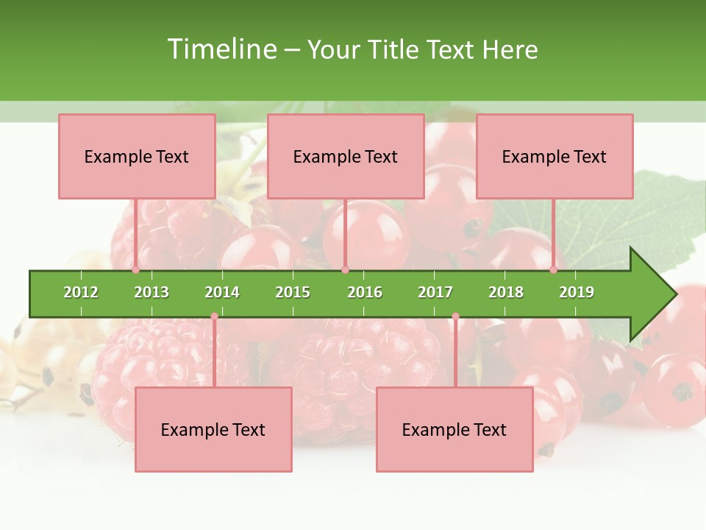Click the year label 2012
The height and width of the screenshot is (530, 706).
click(x=81, y=292)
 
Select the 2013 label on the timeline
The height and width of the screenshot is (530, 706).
click(x=151, y=292)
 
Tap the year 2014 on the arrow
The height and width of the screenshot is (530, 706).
click(x=222, y=292)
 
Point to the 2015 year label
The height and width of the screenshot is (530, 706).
click(x=293, y=292)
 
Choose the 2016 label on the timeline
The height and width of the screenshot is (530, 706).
click(x=365, y=292)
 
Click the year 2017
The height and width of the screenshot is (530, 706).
click(x=435, y=292)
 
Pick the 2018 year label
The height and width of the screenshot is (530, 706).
click(x=506, y=292)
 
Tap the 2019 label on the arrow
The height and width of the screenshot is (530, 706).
click(x=577, y=292)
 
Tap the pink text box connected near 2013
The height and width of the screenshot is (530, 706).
click(x=137, y=156)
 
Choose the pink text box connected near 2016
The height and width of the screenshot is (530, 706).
click(x=346, y=156)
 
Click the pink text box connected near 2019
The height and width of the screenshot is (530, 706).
click(x=555, y=156)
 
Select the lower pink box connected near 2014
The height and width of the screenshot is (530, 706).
click(x=213, y=429)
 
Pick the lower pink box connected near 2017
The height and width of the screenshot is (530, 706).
click(x=454, y=429)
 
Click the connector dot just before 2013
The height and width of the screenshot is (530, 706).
click(x=135, y=269)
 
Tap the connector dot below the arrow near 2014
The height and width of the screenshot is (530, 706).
click(x=214, y=317)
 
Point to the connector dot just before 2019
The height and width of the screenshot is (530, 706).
click(x=553, y=269)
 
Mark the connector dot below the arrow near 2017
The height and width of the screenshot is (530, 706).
click(x=455, y=317)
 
